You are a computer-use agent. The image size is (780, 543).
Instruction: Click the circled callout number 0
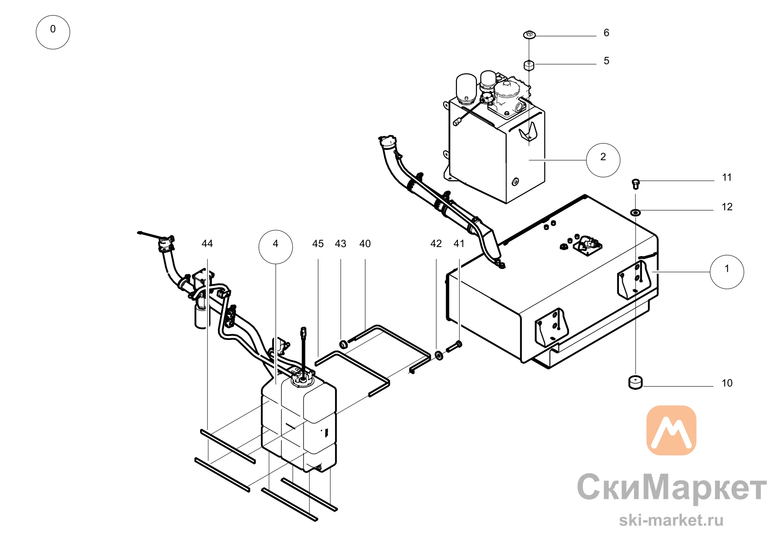[53, 32]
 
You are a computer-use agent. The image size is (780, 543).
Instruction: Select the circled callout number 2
[603, 160]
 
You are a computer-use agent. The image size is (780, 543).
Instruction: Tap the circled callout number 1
[727, 272]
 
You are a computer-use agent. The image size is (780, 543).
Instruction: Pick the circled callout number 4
[276, 247]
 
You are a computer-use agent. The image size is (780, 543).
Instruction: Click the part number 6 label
[606, 33]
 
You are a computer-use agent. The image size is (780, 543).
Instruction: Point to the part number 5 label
[606, 61]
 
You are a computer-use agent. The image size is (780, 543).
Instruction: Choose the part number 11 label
[727, 177]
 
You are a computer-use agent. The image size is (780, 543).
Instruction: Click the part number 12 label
[727, 207]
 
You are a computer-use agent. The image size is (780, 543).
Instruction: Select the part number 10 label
[727, 383]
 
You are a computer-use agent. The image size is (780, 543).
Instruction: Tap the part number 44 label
[207, 244]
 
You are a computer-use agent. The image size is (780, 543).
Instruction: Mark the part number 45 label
[318, 244]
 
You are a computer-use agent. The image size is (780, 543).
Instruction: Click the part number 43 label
[340, 244]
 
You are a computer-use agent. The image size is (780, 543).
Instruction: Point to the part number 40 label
[365, 244]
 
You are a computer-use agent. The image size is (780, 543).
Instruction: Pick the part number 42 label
[436, 244]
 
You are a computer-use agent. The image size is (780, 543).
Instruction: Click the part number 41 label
[459, 244]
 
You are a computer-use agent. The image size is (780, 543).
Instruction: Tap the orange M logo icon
[671, 430]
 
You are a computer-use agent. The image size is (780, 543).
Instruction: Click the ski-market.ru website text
[671, 520]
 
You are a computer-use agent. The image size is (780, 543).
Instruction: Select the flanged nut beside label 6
[529, 35]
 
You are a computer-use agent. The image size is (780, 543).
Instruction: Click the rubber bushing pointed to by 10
[636, 382]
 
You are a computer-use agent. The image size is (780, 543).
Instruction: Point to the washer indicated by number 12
[636, 212]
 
